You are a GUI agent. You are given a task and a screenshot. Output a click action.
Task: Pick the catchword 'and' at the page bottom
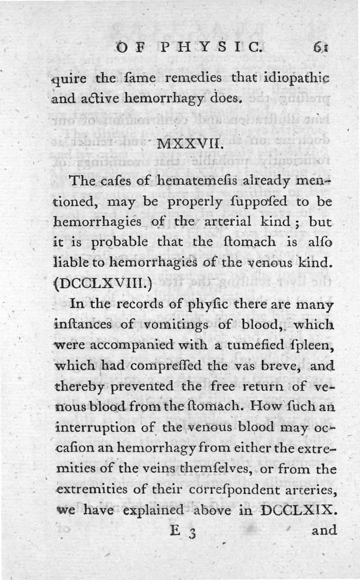click(x=324, y=530)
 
